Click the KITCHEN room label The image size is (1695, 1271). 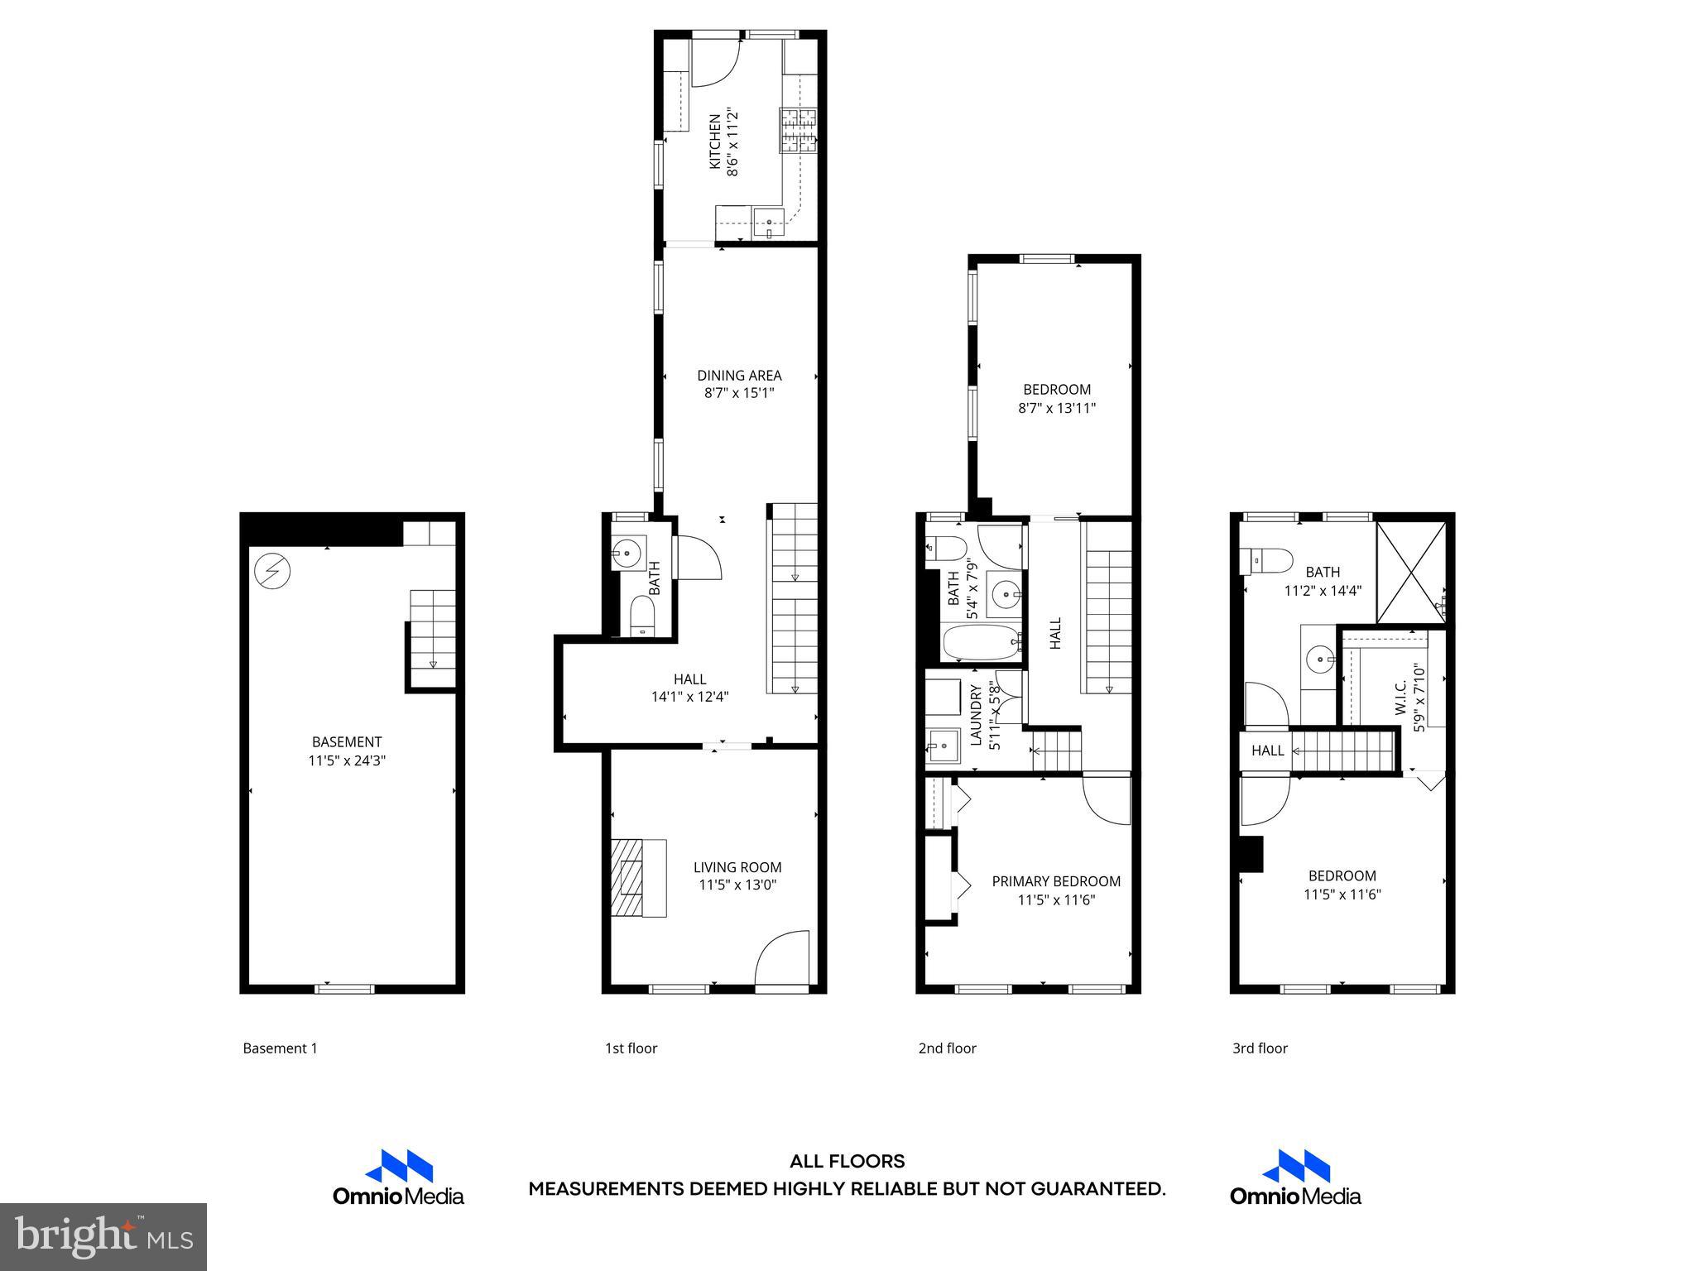(x=714, y=141)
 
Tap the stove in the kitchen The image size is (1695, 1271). (x=798, y=131)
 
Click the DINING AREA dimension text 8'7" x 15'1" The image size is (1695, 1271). (x=738, y=394)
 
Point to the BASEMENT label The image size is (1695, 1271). (x=347, y=742)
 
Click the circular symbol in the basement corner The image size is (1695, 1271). (x=272, y=571)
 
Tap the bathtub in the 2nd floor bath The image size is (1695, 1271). (x=982, y=643)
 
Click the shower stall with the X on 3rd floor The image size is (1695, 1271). (x=1410, y=572)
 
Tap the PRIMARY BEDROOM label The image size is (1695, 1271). (x=1056, y=882)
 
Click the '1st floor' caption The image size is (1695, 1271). (x=631, y=1048)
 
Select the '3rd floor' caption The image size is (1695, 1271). (x=1260, y=1048)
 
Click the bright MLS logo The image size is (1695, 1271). (x=103, y=1236)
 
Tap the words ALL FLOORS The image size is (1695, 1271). (x=847, y=1162)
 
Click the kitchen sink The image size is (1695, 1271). (x=769, y=222)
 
